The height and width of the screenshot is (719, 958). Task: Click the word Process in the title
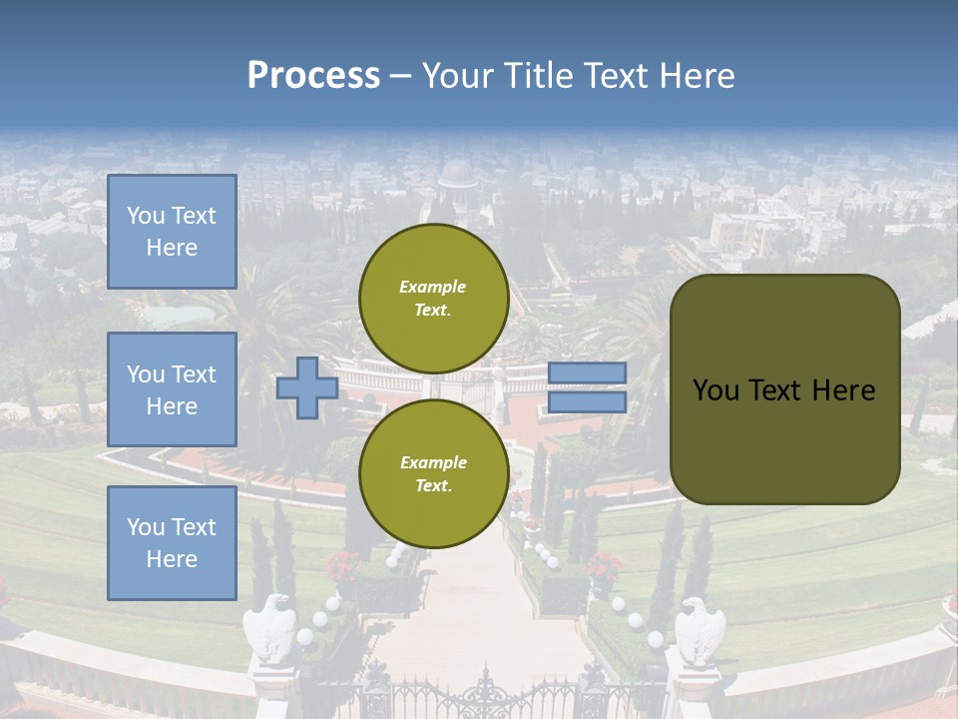click(313, 76)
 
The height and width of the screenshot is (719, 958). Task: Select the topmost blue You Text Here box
click(172, 232)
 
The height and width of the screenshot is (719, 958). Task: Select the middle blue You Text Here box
click(172, 389)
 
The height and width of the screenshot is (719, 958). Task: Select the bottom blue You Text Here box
click(172, 542)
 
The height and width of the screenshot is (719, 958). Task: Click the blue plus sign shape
click(307, 387)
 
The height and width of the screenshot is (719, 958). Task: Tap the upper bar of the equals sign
click(587, 372)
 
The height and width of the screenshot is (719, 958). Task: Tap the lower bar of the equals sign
click(587, 402)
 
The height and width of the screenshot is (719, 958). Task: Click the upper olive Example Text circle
click(433, 298)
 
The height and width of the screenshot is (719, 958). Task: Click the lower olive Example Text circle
click(433, 473)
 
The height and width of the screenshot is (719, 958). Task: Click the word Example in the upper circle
click(433, 287)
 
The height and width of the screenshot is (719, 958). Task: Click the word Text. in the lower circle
click(433, 485)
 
